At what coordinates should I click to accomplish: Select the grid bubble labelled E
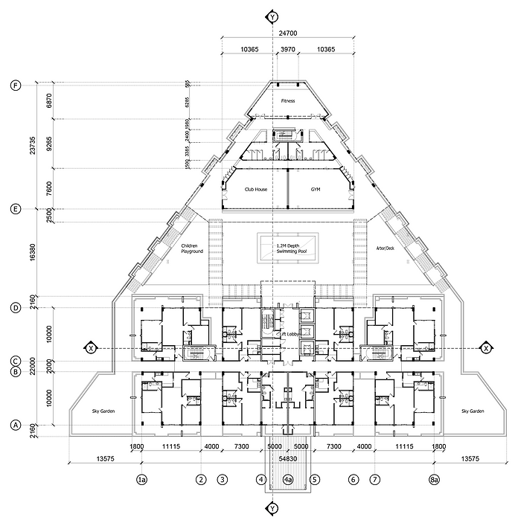15,209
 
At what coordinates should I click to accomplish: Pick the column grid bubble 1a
141,481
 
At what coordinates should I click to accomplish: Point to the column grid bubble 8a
434,481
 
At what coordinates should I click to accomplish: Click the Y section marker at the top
273,16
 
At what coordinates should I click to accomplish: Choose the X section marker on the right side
486,348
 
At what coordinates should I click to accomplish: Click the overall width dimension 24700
287,34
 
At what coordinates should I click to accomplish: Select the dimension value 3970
287,49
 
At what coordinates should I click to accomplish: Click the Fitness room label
287,100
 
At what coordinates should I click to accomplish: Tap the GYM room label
316,190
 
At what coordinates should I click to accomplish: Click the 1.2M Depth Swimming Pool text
287,248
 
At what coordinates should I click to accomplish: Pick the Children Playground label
191,248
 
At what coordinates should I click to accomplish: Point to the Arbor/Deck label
384,248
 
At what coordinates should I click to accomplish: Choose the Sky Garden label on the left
102,411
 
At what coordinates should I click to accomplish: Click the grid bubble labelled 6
354,481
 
